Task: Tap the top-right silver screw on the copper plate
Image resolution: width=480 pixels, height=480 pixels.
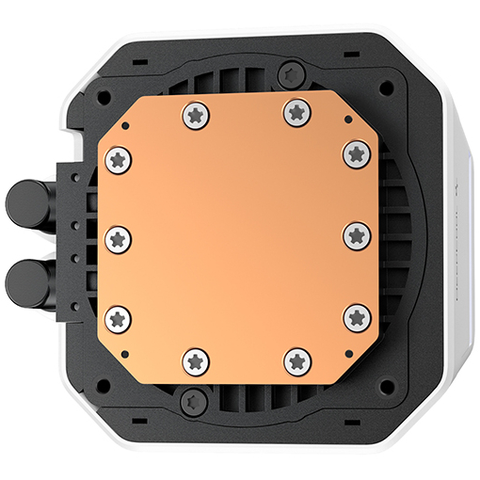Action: (x=296, y=112)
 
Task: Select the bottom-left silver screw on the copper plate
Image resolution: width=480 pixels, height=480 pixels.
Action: (x=195, y=359)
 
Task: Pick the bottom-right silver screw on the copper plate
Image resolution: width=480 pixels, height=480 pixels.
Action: (x=296, y=359)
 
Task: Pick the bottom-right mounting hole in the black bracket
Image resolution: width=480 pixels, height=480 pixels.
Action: (x=386, y=384)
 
